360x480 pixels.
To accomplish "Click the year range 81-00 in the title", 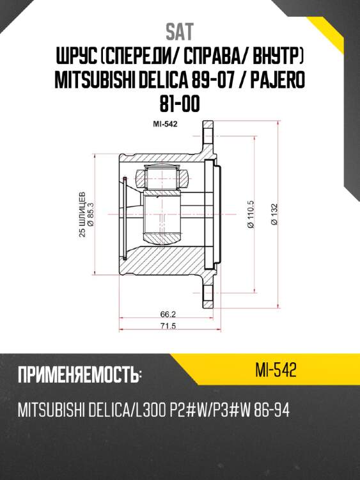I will coord(180,104).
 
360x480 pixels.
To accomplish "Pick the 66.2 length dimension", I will coord(166,315).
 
